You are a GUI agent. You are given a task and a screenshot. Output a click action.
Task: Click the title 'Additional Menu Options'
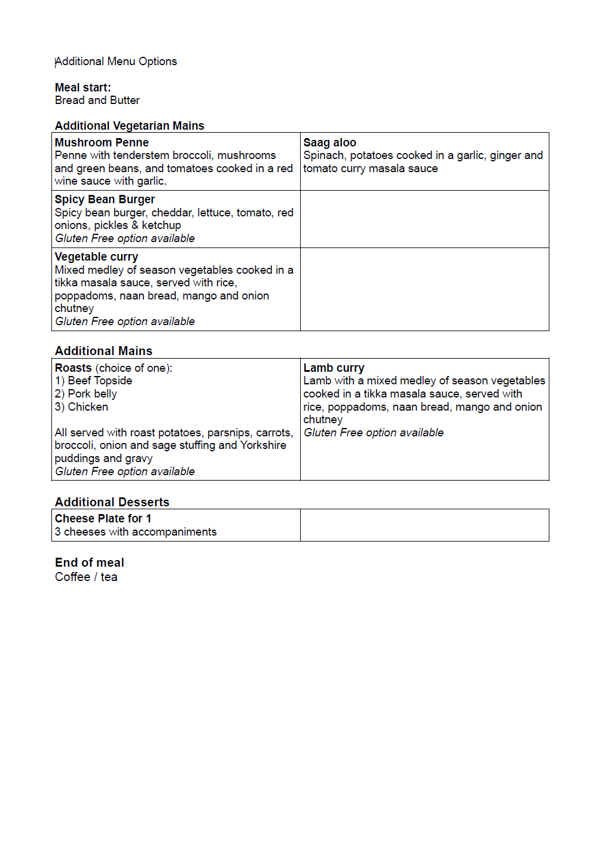tap(116, 62)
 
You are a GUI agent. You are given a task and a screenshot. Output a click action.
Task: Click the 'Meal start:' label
tap(82, 88)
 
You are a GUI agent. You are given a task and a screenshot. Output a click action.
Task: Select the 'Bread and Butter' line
tap(97, 100)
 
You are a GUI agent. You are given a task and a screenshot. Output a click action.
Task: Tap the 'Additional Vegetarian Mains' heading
tap(129, 126)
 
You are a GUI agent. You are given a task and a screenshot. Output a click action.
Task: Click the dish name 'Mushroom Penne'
tap(102, 143)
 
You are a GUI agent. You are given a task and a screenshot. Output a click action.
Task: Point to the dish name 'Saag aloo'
tap(329, 143)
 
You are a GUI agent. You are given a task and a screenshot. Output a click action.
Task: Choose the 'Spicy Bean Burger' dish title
tap(105, 200)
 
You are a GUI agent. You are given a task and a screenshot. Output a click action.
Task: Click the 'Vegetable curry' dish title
tap(96, 257)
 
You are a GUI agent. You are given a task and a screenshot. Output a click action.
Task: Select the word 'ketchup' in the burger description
tap(161, 225)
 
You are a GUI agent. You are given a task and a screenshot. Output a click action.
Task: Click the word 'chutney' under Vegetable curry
tap(74, 308)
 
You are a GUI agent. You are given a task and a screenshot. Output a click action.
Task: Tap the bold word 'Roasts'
tap(73, 368)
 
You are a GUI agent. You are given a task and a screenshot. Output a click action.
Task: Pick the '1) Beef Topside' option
tap(93, 381)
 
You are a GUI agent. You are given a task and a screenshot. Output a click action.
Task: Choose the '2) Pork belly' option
tap(85, 394)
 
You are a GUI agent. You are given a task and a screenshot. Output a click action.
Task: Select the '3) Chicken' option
tap(81, 407)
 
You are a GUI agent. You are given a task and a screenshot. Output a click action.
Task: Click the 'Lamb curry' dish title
tap(334, 368)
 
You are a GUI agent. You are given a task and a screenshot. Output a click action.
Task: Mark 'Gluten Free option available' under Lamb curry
tap(374, 433)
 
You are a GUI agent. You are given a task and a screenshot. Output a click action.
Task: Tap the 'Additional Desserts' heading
tap(112, 502)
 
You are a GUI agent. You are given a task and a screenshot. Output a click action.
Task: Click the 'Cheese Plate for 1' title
tap(103, 519)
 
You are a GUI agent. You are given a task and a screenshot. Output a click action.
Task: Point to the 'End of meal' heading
tap(89, 562)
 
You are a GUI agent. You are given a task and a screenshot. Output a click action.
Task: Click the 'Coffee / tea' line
tap(86, 577)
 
